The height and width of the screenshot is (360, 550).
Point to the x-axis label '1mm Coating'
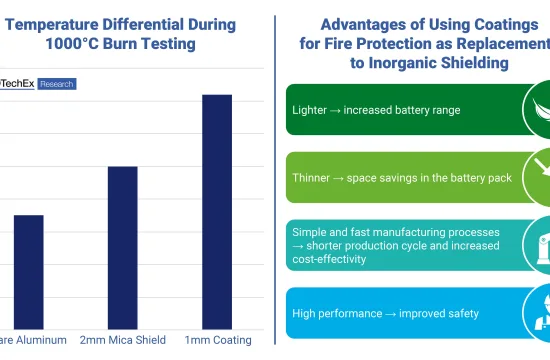click(218, 340)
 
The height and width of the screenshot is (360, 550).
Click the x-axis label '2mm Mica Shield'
click(122, 340)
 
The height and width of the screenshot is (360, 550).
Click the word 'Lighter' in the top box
click(310, 109)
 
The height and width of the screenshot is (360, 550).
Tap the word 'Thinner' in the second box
click(313, 177)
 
